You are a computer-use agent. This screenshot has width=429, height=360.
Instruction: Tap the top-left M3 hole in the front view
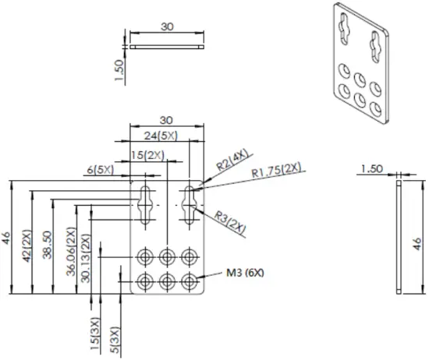click(x=145, y=256)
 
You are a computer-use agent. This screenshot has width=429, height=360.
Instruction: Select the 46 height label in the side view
click(x=417, y=242)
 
